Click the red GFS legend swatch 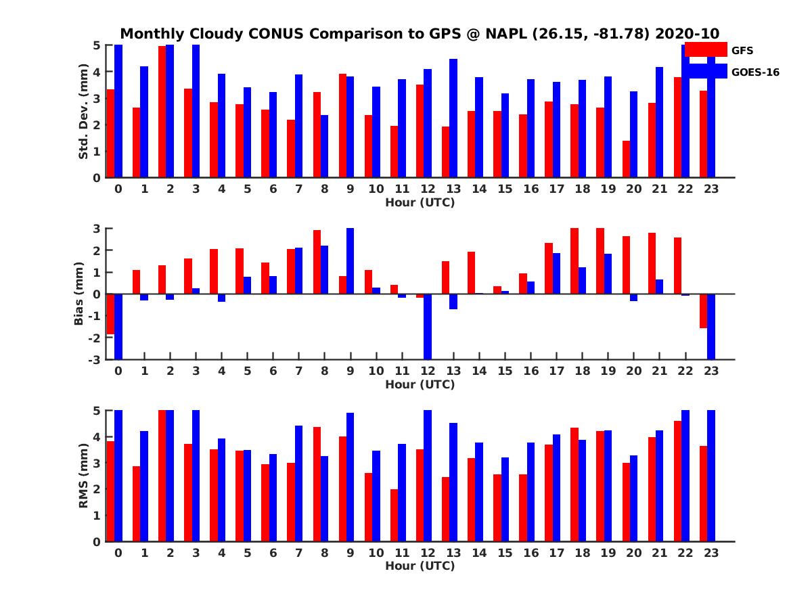[x=705, y=49]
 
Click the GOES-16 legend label [x=755, y=72]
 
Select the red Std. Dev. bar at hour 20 [x=627, y=159]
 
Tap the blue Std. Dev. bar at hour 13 [x=453, y=118]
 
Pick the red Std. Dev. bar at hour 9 [x=343, y=126]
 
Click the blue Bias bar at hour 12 [x=428, y=326]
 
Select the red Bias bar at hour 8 [x=317, y=262]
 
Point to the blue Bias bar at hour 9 [x=351, y=261]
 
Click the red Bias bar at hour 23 [x=704, y=311]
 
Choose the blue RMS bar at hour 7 [x=298, y=483]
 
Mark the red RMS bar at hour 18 [x=574, y=484]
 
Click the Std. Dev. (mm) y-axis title [x=84, y=112]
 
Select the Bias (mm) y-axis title [x=79, y=293]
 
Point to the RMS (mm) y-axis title [x=84, y=476]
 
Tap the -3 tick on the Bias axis [x=94, y=359]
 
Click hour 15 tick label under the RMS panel [x=505, y=552]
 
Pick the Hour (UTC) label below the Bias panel [x=420, y=384]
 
